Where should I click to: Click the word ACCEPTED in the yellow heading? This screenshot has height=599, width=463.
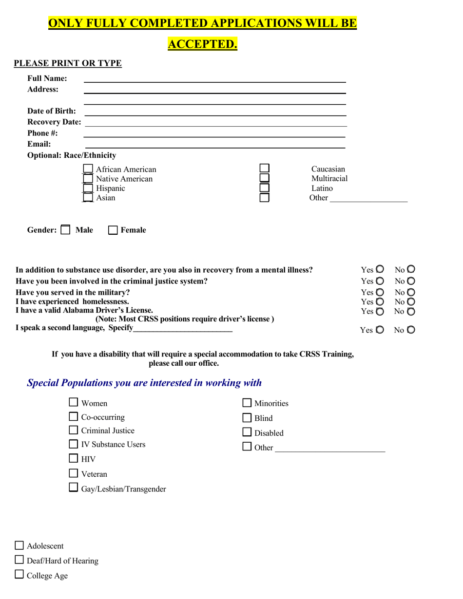(x=202, y=44)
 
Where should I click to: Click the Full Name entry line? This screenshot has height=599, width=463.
(x=215, y=78)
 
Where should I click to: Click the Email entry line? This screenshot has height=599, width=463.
(x=215, y=144)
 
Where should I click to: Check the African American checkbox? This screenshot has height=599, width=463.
(x=88, y=169)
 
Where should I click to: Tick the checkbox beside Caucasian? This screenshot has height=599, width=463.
(x=264, y=168)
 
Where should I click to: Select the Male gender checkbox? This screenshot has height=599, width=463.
(x=65, y=230)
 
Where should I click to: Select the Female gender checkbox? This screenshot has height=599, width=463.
(x=113, y=230)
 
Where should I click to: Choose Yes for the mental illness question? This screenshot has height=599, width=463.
(x=380, y=269)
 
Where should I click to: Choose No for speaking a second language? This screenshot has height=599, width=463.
(x=411, y=330)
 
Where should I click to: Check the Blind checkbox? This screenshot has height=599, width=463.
(x=247, y=418)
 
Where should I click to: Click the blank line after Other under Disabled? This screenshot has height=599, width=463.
(x=329, y=448)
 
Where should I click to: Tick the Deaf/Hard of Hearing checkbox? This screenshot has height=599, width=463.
(x=19, y=561)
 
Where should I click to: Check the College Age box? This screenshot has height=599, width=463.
(x=19, y=575)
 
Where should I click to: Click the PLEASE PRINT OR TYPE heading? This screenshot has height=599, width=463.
(x=68, y=63)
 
